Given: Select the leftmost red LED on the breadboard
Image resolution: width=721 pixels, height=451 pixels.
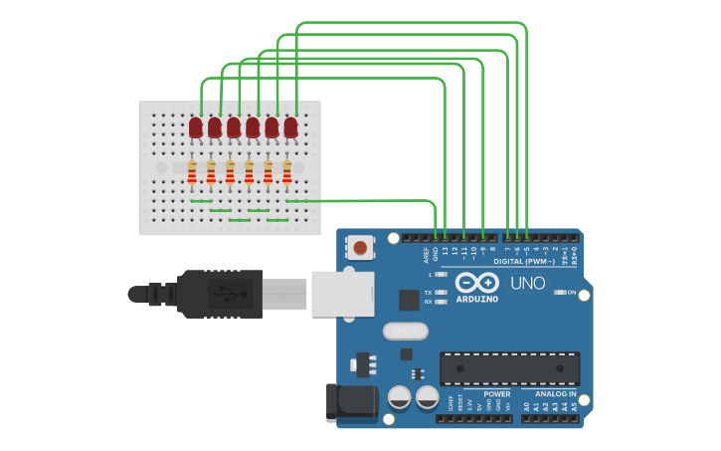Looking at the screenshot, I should coord(196,127).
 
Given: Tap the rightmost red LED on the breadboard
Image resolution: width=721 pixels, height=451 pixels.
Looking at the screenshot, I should coord(290,127).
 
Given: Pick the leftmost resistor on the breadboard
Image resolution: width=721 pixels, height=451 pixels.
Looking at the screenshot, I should coord(192,173).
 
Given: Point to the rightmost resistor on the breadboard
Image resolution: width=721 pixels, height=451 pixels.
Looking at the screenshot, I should coord(287,173).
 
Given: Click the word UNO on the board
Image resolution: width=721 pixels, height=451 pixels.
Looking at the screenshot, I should coord(527,284).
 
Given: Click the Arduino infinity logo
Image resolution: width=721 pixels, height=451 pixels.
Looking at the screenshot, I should coord(477,283).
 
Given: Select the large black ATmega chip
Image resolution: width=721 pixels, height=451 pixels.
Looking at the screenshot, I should coord(509,368).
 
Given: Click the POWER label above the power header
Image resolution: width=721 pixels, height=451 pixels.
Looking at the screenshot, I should coord(497,394).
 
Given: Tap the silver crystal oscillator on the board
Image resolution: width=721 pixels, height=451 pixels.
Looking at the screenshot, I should coord(405,331).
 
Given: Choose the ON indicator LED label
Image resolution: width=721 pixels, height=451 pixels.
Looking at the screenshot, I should coord(572,292).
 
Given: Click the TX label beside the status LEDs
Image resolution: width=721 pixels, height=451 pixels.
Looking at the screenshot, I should coord(428,293).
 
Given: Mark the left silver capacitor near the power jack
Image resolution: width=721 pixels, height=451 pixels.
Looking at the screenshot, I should coord(400,397).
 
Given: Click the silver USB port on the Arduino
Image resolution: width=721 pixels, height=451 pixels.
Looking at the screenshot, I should coord(341,294).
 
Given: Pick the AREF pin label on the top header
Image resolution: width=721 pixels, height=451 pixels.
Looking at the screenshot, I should coord(425,253).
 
